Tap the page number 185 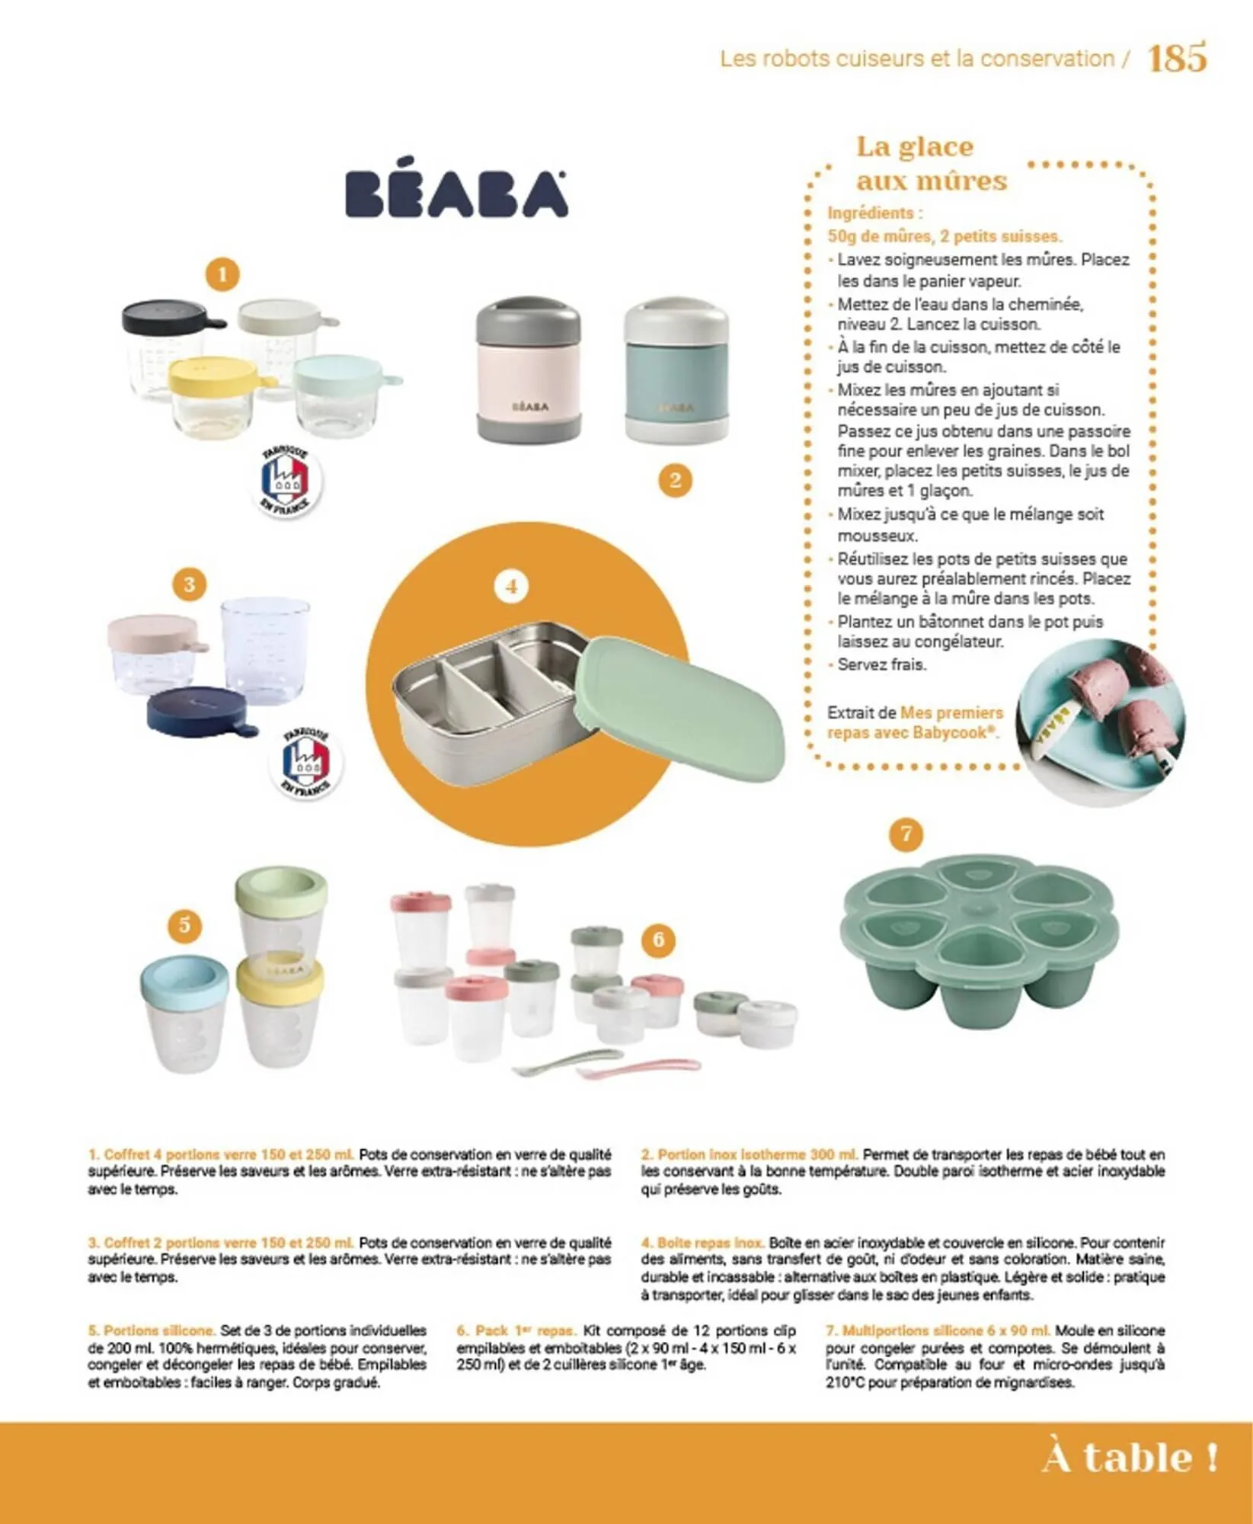(1176, 58)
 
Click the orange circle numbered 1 (222, 274)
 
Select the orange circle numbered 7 (906, 834)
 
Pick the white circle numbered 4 (511, 586)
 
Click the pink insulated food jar (529, 370)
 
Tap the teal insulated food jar (676, 373)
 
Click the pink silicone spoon (640, 1068)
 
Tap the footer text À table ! (1129, 1458)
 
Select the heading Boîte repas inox (702, 1243)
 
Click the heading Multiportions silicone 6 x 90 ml (938, 1330)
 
